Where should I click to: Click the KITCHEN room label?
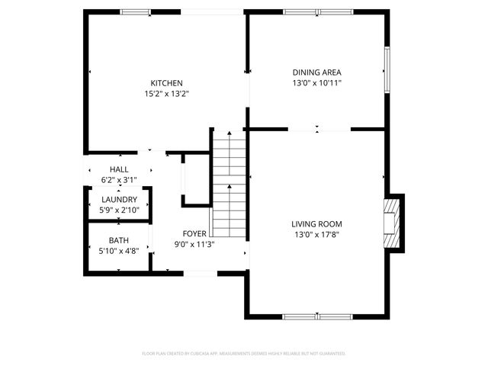coord(166,83)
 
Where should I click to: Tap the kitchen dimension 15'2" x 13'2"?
coord(166,94)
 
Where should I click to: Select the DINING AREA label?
coord(316,72)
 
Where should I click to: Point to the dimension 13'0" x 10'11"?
coord(316,83)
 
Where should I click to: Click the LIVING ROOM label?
coord(316,223)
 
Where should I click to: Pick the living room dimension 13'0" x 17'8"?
coord(316,234)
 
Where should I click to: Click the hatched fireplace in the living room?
coord(391,222)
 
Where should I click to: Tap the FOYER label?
coord(193,233)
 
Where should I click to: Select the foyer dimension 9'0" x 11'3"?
coord(193,244)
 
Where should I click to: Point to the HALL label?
coord(119,169)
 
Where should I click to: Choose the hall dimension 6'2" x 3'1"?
coord(119,180)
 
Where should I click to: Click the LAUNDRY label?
coord(119,199)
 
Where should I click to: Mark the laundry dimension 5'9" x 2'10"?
coord(119,210)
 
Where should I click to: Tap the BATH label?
coord(119,240)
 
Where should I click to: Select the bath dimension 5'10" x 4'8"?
coord(119,251)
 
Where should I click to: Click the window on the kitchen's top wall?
coord(135,11)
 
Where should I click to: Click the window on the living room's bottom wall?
coord(317,316)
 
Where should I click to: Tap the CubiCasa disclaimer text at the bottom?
coord(244,354)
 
